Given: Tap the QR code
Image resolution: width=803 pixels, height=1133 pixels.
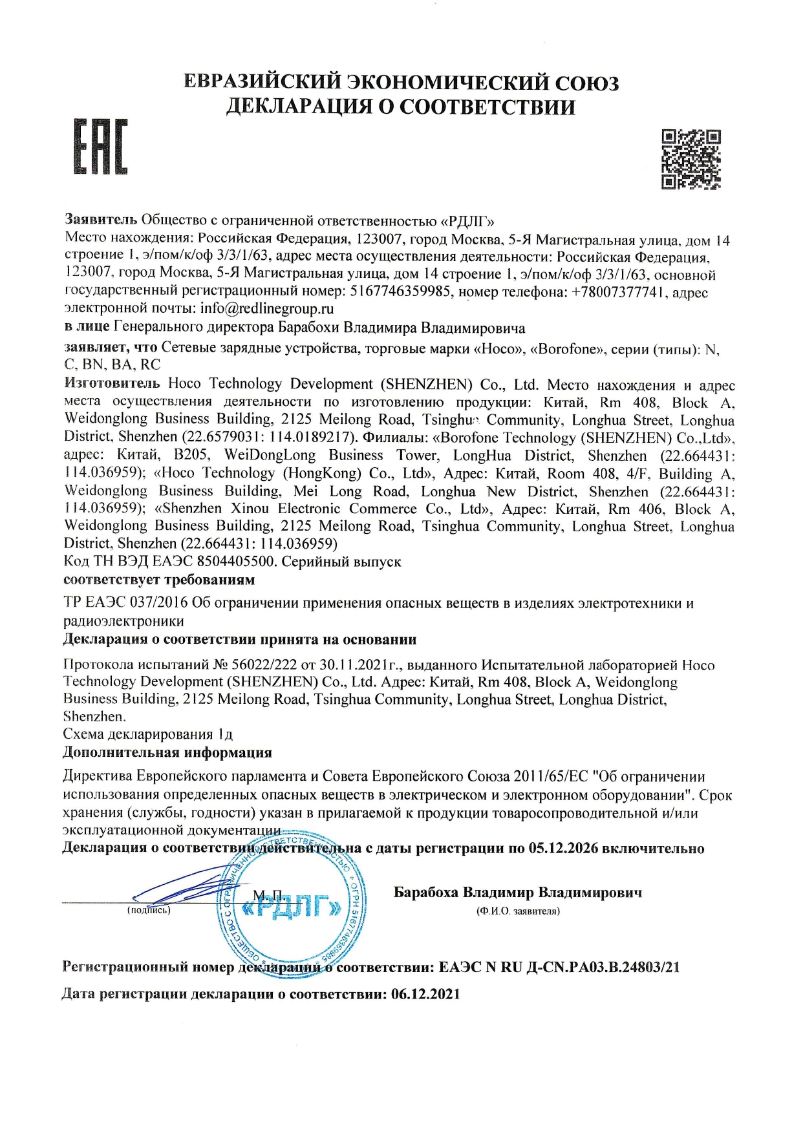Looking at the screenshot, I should (x=691, y=159).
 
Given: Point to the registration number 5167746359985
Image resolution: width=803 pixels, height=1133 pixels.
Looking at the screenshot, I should (x=400, y=291).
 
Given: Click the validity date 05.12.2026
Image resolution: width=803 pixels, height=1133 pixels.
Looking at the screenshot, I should (x=562, y=848).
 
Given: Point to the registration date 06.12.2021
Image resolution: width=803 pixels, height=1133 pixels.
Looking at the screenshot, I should (x=425, y=994).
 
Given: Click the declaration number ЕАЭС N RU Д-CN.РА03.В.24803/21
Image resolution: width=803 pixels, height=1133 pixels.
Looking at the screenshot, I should (x=559, y=968).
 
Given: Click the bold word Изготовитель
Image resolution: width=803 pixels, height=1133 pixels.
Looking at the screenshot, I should (x=112, y=383).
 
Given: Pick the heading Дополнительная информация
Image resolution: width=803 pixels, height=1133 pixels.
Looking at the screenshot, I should (x=167, y=752).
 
